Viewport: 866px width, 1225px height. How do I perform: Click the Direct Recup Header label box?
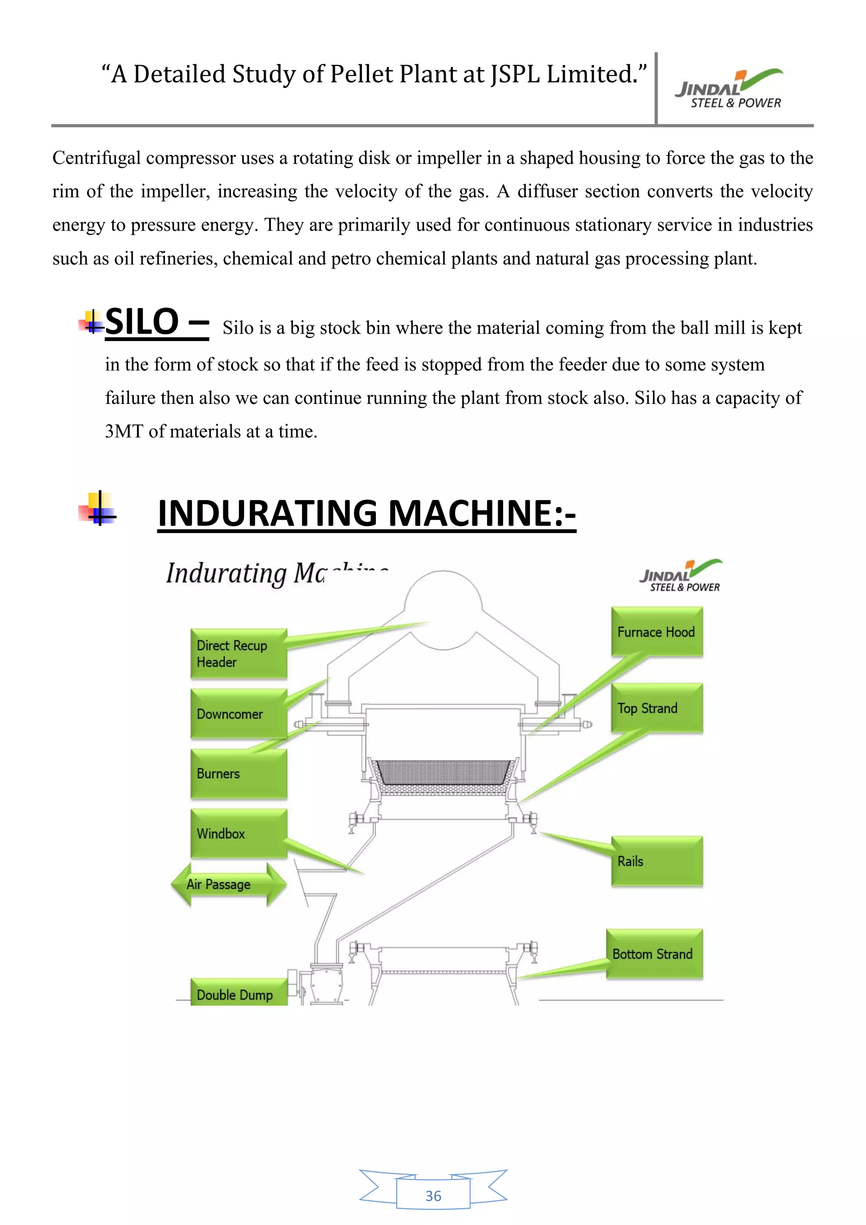point(238,654)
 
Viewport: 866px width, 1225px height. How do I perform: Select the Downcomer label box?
point(238,713)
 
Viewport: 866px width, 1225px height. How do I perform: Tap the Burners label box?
point(238,774)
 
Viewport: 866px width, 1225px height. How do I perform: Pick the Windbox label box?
point(238,833)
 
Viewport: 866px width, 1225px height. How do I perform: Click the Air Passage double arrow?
point(228,884)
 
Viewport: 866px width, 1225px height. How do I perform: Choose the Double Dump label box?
point(238,994)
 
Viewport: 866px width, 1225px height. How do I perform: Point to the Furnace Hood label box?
point(656,632)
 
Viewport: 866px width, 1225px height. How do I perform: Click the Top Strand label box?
point(656,708)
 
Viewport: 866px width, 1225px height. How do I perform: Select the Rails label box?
point(656,861)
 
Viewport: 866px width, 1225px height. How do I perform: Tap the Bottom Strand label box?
point(654,954)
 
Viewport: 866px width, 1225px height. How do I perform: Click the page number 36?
point(433,1196)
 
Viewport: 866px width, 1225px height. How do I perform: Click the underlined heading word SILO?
point(142,322)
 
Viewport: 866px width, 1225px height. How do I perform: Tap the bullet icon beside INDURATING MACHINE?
point(98,508)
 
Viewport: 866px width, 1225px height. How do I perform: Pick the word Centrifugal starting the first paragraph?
point(96,158)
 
